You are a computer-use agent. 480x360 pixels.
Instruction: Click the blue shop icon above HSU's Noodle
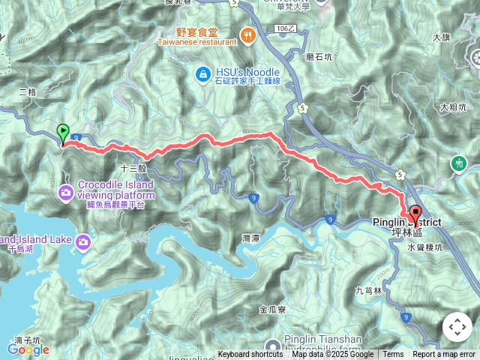point(202,73)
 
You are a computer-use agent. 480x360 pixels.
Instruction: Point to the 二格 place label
point(27,92)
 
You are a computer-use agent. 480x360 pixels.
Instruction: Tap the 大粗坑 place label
point(454,107)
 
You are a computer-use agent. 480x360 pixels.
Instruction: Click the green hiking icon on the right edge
point(458,163)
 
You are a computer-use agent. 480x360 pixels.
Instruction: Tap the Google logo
point(28,349)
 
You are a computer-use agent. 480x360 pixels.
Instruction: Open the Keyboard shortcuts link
point(250,355)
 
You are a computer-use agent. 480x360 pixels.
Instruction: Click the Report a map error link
point(443,355)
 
